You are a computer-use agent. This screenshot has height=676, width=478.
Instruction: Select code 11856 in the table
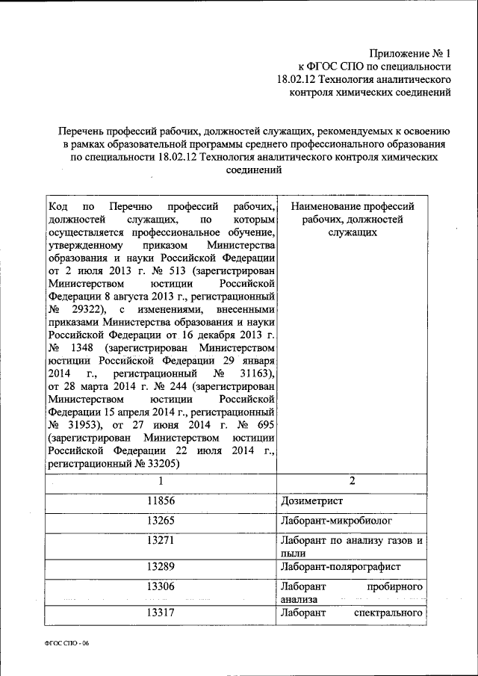pos(161,500)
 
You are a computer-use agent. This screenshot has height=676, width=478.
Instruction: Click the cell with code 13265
pos(161,520)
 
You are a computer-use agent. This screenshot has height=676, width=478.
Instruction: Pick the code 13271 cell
pos(161,539)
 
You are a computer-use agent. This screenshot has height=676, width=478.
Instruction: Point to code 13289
pos(161,567)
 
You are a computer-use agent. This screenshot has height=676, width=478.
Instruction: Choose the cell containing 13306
pos(161,586)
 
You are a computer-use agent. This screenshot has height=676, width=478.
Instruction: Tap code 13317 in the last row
pos(161,613)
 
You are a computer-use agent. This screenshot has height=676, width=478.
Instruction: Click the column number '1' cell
pos(161,482)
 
